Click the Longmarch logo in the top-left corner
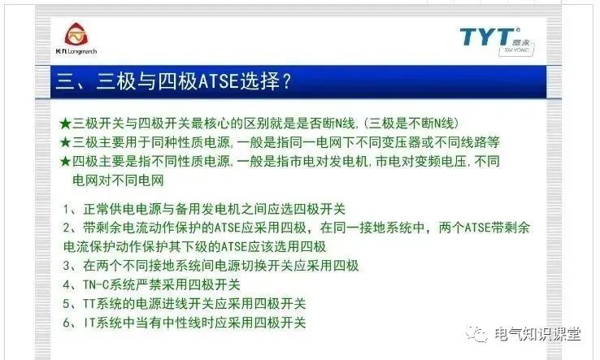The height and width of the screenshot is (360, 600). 80,38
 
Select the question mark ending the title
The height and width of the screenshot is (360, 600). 285,82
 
